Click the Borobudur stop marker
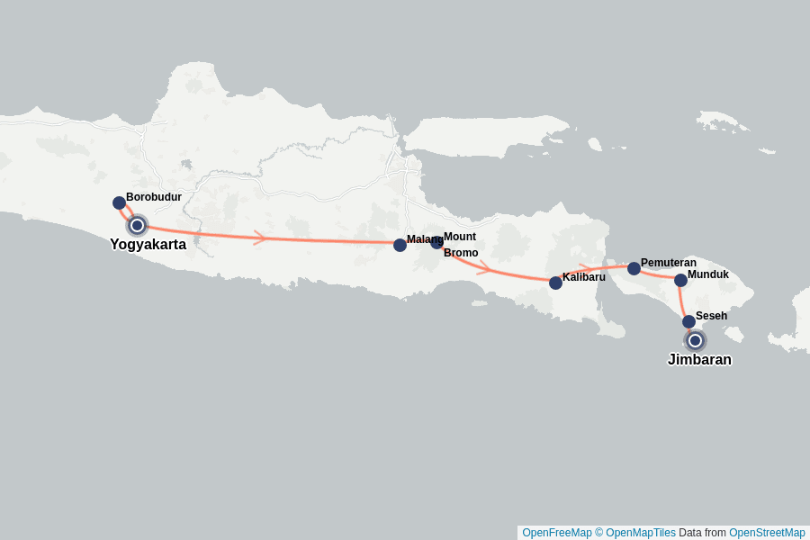pyautogui.click(x=119, y=202)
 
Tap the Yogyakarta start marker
pyautogui.click(x=137, y=225)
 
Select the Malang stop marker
pyautogui.click(x=400, y=245)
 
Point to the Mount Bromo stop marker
pyautogui.click(x=436, y=241)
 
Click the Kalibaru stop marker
pyautogui.click(x=555, y=283)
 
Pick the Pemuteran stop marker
pyautogui.click(x=634, y=268)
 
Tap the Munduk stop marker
pyautogui.click(x=680, y=280)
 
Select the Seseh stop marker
pyautogui.click(x=688, y=321)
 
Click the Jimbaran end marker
pyautogui.click(x=695, y=340)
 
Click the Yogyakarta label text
pyautogui.click(x=148, y=244)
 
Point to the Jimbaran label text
pyautogui.click(x=699, y=360)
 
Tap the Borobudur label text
pyautogui.click(x=154, y=196)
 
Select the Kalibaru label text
pyautogui.click(x=584, y=276)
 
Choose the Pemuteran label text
pyautogui.click(x=669, y=263)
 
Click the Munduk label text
pyautogui.click(x=708, y=274)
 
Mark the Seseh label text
pyautogui.click(x=711, y=316)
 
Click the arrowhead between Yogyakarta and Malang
pyautogui.click(x=260, y=238)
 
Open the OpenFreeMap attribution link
pyautogui.click(x=556, y=533)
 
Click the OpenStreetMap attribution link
pyautogui.click(x=767, y=533)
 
